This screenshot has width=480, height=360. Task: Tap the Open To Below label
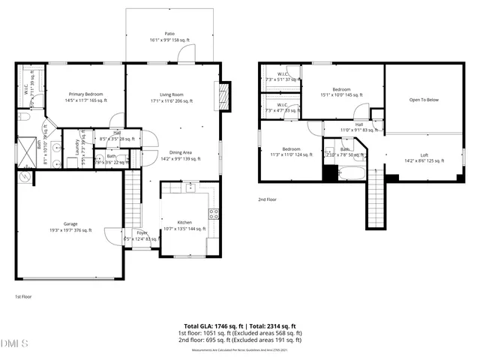click(x=424, y=99)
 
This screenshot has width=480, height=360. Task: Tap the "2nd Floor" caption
click(x=268, y=199)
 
